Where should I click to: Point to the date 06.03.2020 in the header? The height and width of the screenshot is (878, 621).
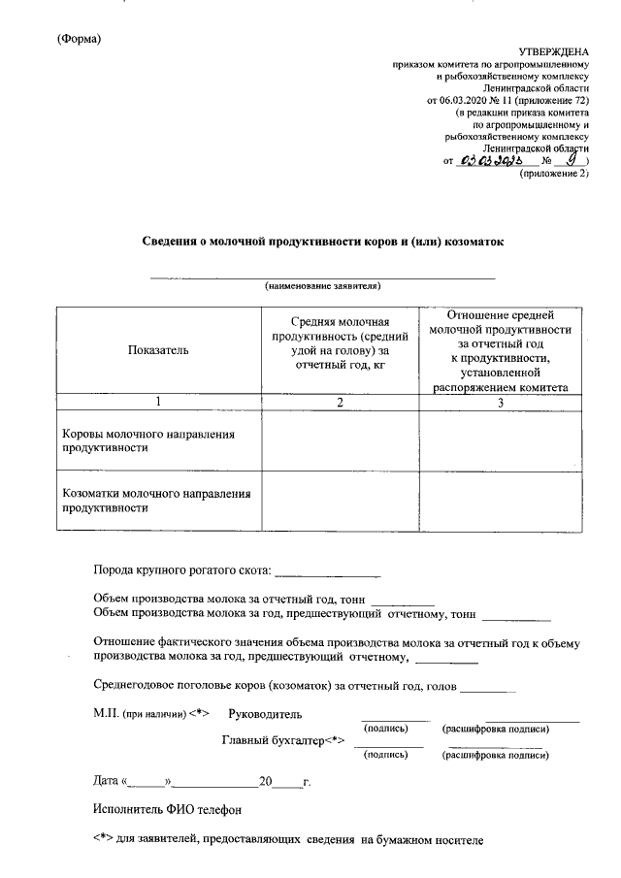pyautogui.click(x=465, y=100)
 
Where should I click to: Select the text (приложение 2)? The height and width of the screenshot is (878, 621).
pyautogui.click(x=554, y=176)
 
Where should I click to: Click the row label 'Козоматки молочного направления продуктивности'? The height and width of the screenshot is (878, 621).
pyautogui.click(x=156, y=500)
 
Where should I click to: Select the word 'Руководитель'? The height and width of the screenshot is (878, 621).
pyautogui.click(x=265, y=714)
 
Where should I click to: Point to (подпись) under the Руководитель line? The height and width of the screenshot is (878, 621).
pyautogui.click(x=386, y=729)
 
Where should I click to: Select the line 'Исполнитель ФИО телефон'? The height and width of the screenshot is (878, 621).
pyautogui.click(x=166, y=808)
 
